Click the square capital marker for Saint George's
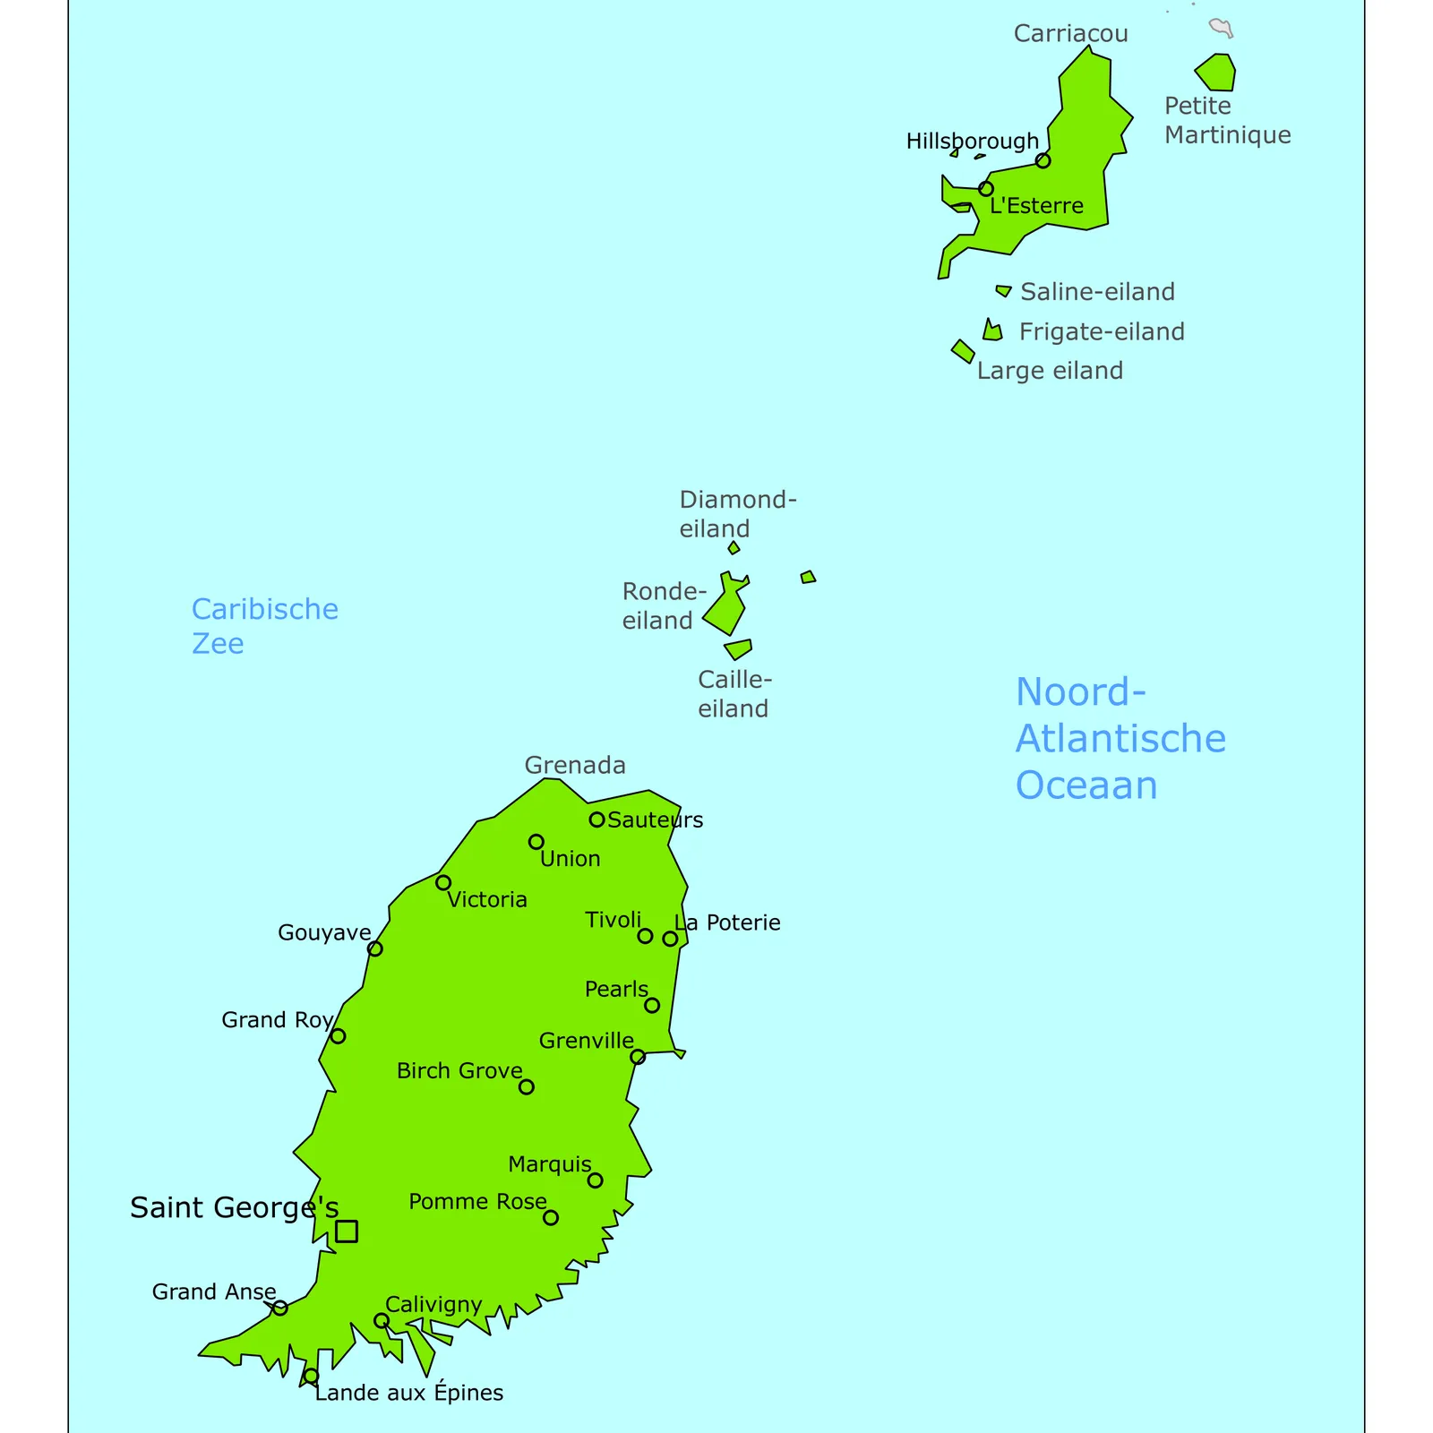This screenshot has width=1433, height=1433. [x=347, y=1231]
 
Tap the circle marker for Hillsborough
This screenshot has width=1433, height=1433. [x=1043, y=161]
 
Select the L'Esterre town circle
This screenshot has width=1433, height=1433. [x=986, y=189]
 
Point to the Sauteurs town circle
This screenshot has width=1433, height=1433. [x=596, y=819]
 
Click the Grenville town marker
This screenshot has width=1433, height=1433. [x=638, y=1057]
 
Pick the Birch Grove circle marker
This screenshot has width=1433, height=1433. [x=527, y=1087]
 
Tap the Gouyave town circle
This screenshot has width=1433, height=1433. [x=375, y=948]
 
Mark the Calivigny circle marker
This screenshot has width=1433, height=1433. [x=382, y=1321]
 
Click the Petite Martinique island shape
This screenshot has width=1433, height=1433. [x=1217, y=73]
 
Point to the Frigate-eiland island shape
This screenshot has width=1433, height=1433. [x=991, y=332]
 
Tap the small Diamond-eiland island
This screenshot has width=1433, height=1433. [x=734, y=548]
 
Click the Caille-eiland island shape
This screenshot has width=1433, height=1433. [x=739, y=648]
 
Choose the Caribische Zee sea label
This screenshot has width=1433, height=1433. [x=264, y=626]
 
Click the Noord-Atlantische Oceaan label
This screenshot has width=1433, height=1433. [x=1120, y=739]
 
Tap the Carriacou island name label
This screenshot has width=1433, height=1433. [x=1070, y=34]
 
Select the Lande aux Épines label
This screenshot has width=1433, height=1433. [x=409, y=1393]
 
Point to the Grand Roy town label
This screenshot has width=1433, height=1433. [x=277, y=1020]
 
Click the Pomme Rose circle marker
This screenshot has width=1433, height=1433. [x=551, y=1218]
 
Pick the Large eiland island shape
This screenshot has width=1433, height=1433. [x=963, y=351]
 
